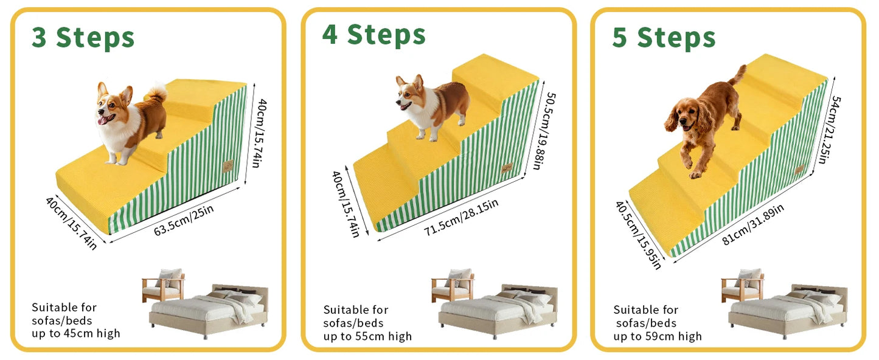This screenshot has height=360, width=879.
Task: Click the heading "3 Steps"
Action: (83, 38)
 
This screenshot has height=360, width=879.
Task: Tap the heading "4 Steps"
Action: (373, 35)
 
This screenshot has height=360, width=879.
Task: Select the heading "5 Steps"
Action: (664, 38)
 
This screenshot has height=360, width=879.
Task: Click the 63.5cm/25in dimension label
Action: (184, 221)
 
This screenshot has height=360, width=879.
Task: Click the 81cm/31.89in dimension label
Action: (753, 223)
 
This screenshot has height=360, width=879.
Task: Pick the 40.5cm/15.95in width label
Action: (638, 235)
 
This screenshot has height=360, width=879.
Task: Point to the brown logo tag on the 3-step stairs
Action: (228, 166)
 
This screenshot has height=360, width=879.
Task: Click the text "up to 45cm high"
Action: (76, 333)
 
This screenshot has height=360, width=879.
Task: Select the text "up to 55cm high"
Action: (367, 336)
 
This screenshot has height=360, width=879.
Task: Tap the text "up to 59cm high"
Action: (658, 336)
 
